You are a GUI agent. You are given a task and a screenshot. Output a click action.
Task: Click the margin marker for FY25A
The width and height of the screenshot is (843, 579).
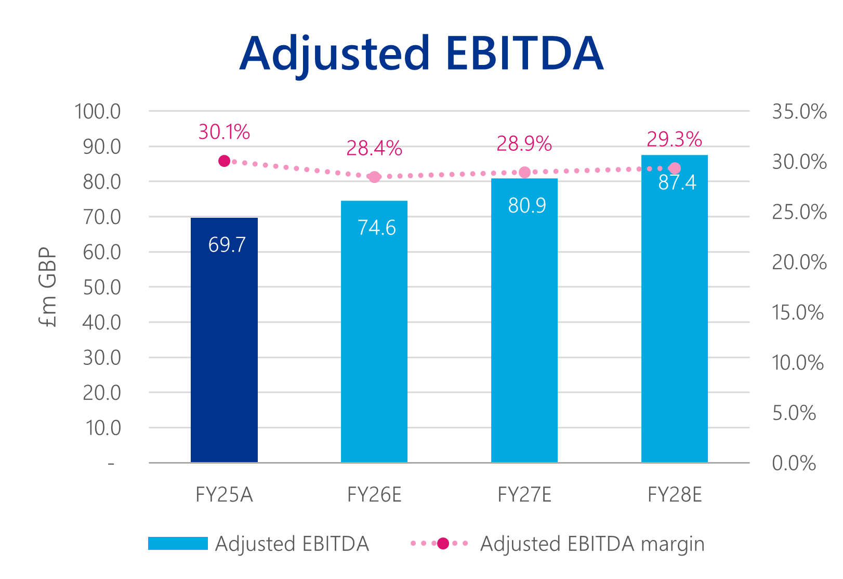tap(225, 161)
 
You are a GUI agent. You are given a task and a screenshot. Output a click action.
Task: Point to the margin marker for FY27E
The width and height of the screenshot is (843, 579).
tap(524, 173)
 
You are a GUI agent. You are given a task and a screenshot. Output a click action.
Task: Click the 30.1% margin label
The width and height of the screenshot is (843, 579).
tap(225, 132)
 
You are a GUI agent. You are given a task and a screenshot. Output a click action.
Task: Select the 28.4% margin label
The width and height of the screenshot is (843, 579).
tap(374, 149)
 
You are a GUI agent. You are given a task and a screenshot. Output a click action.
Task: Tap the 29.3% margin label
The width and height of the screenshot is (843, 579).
tap(674, 139)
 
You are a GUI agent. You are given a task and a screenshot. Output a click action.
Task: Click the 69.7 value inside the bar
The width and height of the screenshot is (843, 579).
tap(227, 245)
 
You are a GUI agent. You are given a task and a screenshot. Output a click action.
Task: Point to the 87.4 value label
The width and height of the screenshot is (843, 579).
tap(677, 182)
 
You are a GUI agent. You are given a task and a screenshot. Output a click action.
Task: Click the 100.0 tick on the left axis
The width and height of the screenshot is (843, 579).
tap(98, 112)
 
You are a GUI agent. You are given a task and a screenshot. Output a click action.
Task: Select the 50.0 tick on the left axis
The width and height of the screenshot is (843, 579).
tap(102, 287)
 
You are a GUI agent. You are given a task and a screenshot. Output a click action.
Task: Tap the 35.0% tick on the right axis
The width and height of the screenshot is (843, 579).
tap(799, 112)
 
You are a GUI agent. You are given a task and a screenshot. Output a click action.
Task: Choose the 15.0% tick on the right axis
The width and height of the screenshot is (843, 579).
tap(798, 312)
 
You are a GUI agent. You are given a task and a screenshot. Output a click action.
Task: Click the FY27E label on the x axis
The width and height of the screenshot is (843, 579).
tap(524, 495)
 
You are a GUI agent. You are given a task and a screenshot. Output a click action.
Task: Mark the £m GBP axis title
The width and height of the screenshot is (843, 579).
tap(48, 287)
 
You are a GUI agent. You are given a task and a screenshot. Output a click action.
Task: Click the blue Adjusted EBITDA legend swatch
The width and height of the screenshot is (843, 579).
tap(178, 544)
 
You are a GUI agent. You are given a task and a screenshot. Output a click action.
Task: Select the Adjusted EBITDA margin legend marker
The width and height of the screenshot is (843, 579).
tap(443, 544)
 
